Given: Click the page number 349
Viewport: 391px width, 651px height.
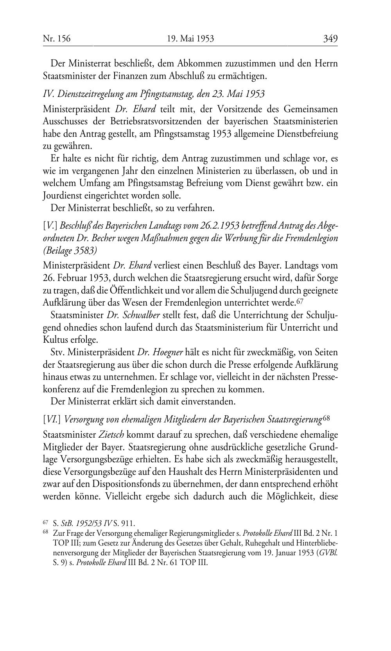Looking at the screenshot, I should pyautogui.click(x=330, y=39).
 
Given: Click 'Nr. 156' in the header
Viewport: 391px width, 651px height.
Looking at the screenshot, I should pyautogui.click(x=57, y=39).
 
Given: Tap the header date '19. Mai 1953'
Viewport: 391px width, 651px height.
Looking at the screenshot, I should pyautogui.click(x=190, y=39).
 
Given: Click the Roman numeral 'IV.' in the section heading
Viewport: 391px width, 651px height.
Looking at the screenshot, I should pyautogui.click(x=48, y=94).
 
